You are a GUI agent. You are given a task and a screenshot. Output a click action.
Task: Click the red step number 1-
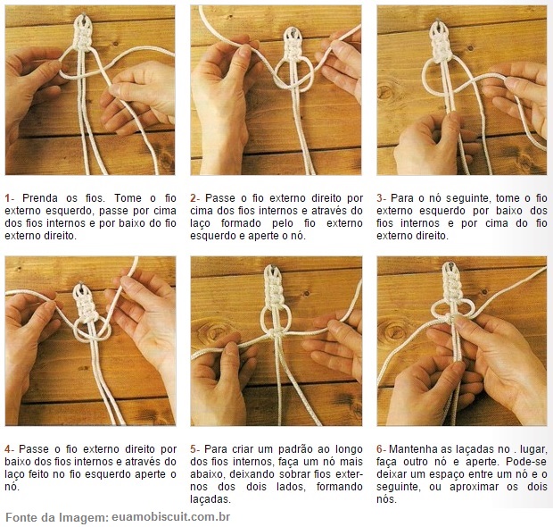pos(10,197)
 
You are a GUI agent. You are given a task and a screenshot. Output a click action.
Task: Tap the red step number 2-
pos(195,197)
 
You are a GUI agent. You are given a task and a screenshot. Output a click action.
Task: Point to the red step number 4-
pos(10,448)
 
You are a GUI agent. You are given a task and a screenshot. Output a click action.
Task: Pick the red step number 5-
pos(195,448)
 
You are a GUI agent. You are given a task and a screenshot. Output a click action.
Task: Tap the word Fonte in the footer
pos(22,516)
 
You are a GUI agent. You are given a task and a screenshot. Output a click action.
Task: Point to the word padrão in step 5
pos(300,448)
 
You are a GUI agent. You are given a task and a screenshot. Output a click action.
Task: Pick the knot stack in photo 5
pos(275,290)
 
